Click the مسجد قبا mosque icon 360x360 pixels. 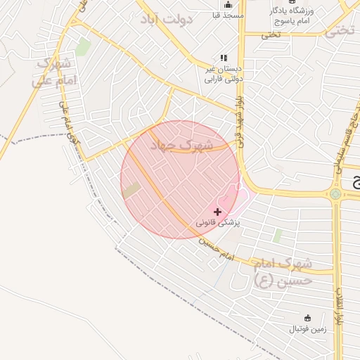[x=227, y=4]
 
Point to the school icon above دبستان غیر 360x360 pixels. [x=223, y=58]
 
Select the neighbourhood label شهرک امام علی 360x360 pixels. [x=53, y=72]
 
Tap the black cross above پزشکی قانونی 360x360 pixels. [x=217, y=211]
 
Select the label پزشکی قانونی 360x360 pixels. [x=217, y=222]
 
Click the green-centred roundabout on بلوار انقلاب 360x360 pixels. [x=336, y=194]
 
